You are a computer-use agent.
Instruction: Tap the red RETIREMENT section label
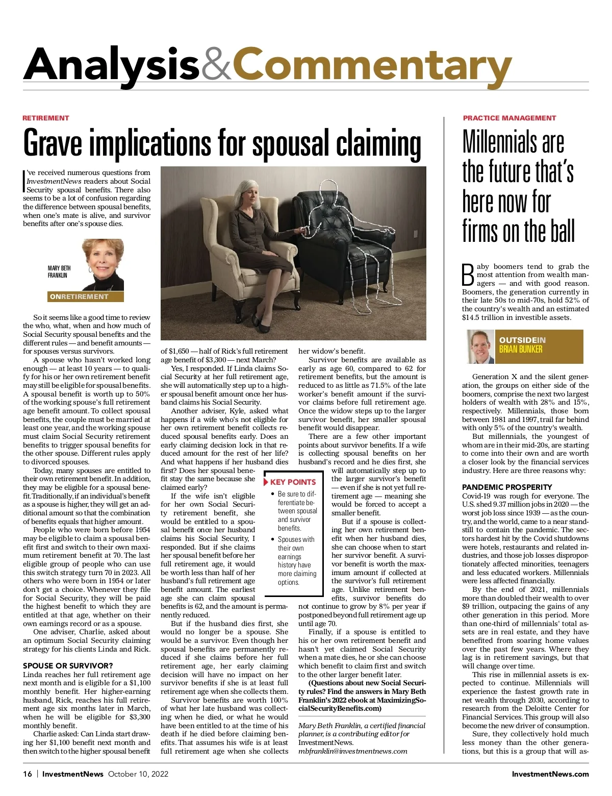[x=45, y=118]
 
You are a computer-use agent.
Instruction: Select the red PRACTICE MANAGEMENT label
[x=509, y=118]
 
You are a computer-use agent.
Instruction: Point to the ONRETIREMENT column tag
[x=79, y=296]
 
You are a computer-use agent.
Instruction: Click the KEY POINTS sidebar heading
[x=293, y=482]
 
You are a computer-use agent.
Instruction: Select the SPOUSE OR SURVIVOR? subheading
[x=68, y=665]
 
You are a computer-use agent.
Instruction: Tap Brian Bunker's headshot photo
[x=480, y=346]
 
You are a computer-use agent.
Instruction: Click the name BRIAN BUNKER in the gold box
[x=520, y=350]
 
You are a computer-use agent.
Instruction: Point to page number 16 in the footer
[x=27, y=774]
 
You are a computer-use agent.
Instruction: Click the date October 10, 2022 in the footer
[x=138, y=774]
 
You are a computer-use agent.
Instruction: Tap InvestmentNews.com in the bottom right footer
[x=550, y=774]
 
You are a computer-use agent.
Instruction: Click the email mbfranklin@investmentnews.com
[x=352, y=751]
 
